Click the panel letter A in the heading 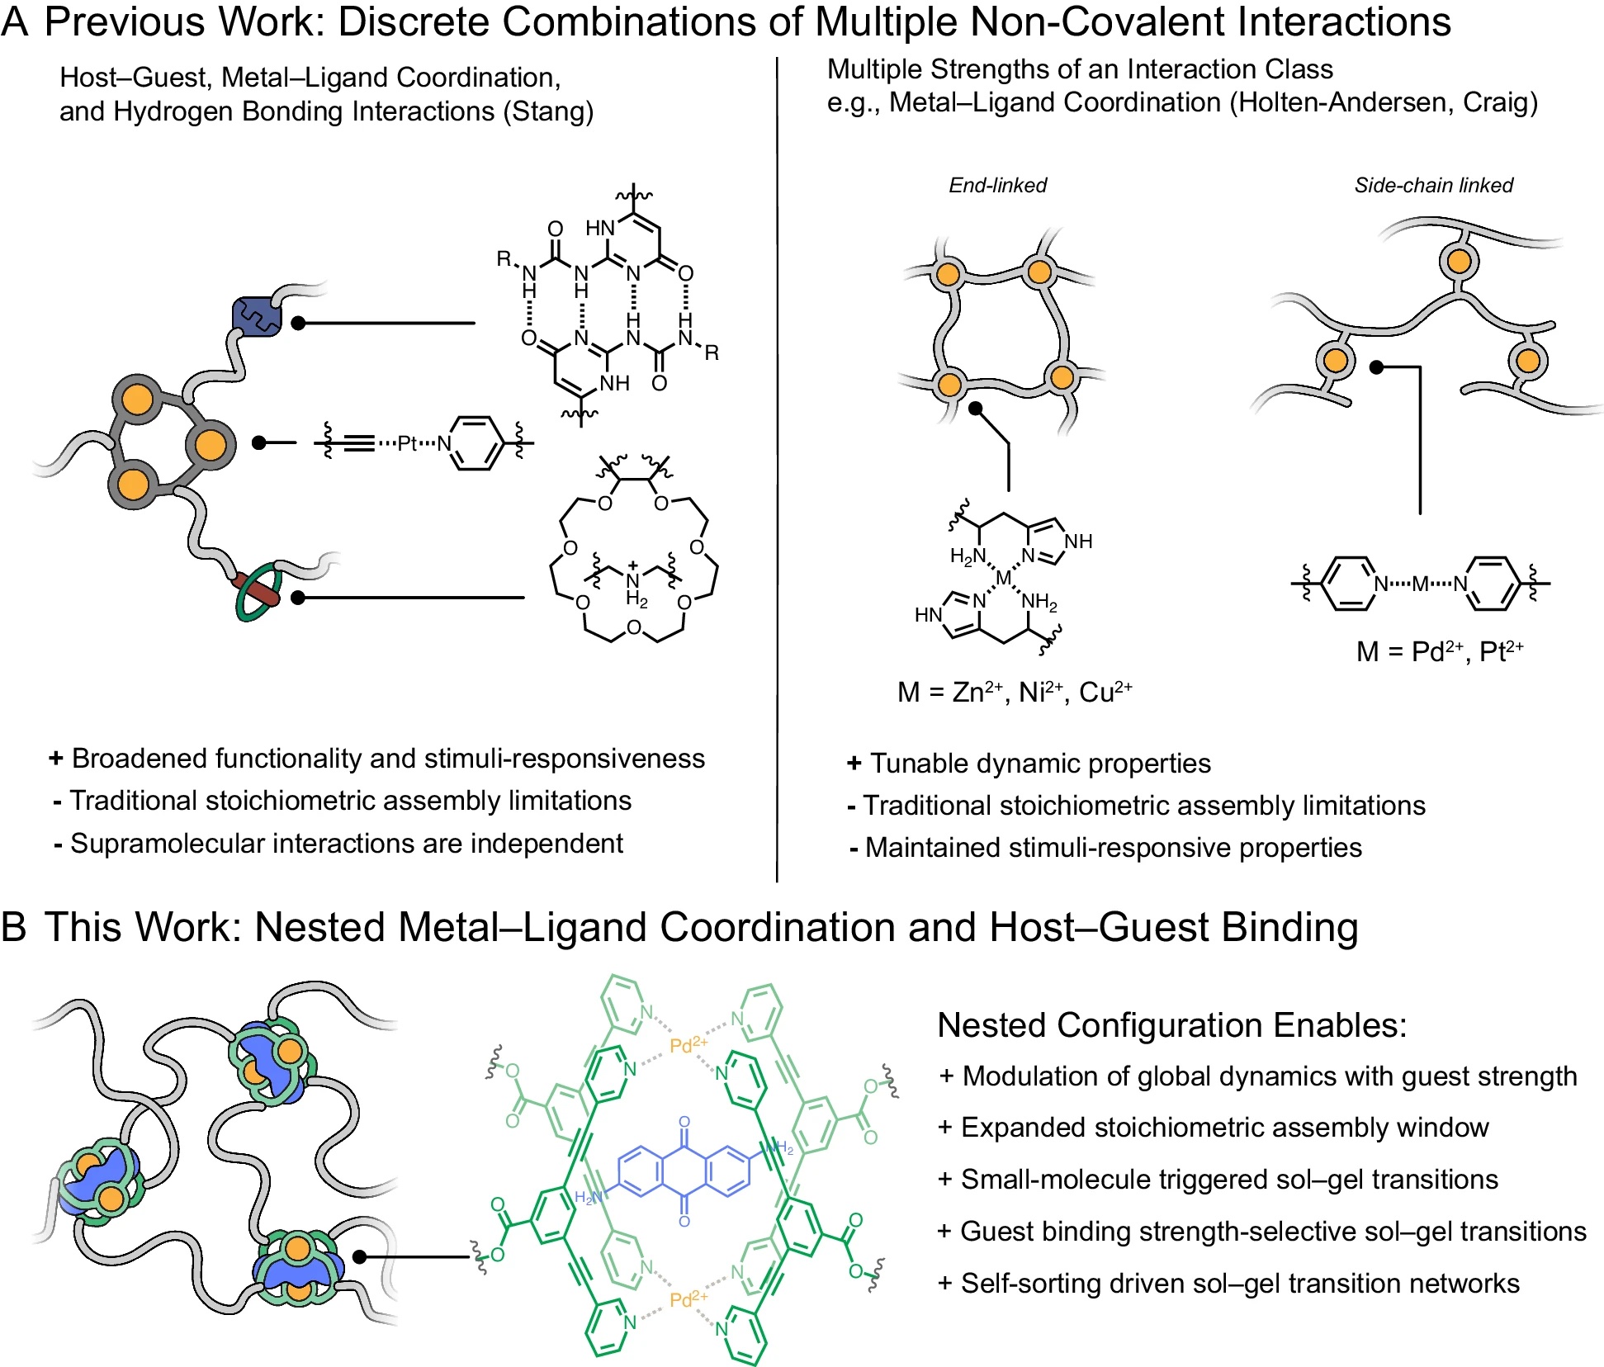click(x=14, y=22)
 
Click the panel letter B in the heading click(x=14, y=927)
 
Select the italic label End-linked click(x=997, y=185)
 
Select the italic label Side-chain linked click(x=1433, y=185)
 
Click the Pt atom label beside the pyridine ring click(x=407, y=443)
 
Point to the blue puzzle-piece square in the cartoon click(x=257, y=316)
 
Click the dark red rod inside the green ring click(x=257, y=589)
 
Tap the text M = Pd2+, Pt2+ click(x=1439, y=651)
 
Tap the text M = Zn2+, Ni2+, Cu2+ click(x=1014, y=692)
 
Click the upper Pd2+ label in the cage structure click(x=688, y=1046)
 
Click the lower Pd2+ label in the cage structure click(x=688, y=1299)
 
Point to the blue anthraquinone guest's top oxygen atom click(x=684, y=1122)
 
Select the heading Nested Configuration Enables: click(x=1171, y=1025)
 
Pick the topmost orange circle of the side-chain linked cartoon click(x=1459, y=262)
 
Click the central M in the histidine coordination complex click(x=1003, y=578)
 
